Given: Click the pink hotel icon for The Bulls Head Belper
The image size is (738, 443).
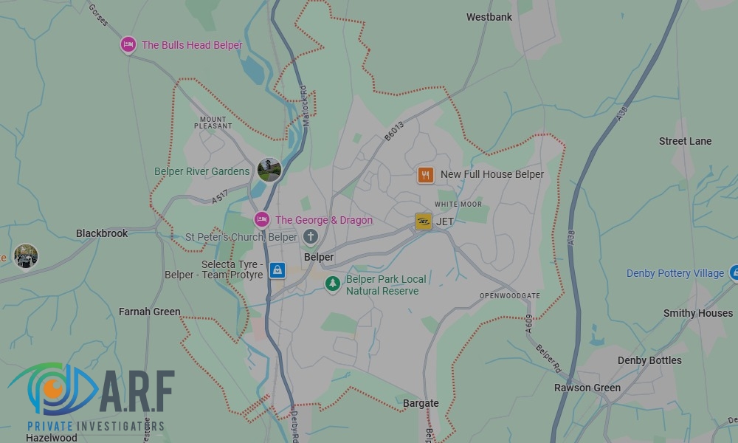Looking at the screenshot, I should click(128, 45).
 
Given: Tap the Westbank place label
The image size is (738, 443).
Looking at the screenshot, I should click(489, 17).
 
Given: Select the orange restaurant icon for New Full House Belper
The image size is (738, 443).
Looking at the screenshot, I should click(425, 175).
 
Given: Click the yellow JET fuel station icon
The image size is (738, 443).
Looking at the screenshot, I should click(424, 221).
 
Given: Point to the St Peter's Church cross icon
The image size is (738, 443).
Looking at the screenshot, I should click(311, 237).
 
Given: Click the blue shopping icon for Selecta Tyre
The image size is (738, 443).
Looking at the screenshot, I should click(277, 269).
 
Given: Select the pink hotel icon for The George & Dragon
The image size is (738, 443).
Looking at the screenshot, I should click(261, 220).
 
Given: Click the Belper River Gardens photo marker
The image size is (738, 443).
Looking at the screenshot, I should click(269, 170).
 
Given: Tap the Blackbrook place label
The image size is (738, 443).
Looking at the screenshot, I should click(102, 233).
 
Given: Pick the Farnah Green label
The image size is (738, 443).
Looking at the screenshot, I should click(150, 312).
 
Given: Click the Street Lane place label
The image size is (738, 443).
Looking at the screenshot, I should click(685, 141).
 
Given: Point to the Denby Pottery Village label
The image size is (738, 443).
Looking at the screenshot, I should click(675, 273).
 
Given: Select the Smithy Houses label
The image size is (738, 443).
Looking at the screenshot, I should click(697, 313).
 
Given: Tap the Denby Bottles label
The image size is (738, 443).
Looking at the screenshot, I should click(649, 360).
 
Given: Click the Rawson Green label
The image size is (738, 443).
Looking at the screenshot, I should click(587, 388).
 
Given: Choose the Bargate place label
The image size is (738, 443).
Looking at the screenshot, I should click(421, 403).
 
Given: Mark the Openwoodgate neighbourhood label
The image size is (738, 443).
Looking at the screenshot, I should click(509, 295).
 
